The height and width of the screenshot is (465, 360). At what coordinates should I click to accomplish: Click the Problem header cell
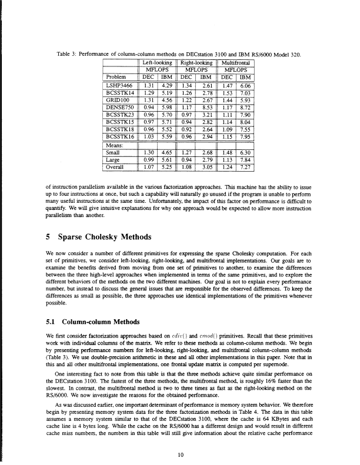point(115,76)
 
